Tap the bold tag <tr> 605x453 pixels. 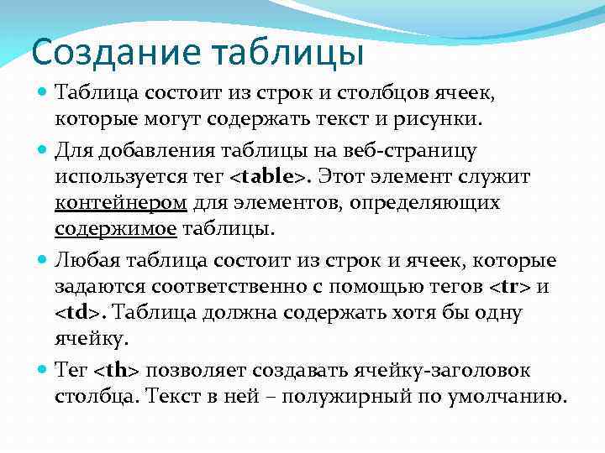pos(509,288)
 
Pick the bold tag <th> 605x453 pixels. pos(117,370)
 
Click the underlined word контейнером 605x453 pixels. pos(121,203)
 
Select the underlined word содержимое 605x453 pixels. pos(115,229)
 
